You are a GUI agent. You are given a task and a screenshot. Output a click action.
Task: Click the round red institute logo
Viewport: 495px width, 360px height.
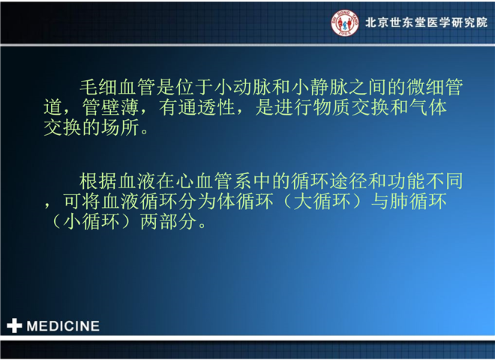point(345,22)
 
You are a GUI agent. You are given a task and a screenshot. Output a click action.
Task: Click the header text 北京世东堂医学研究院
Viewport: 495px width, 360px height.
point(427,22)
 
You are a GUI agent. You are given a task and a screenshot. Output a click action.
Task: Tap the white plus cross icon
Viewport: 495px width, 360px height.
point(14,325)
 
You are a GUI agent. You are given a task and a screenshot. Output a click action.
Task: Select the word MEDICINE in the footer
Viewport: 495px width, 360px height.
point(63,326)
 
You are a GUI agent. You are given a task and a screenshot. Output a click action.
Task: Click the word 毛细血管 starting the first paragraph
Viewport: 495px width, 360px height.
point(118,87)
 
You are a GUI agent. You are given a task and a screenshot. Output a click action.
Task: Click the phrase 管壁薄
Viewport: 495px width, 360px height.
point(110,107)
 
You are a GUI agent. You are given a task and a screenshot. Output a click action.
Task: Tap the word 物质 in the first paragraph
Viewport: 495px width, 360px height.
point(331,107)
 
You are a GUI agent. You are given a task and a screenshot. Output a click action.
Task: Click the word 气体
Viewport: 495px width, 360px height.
point(428,107)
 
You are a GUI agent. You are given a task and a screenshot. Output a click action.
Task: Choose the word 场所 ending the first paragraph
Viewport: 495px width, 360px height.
point(120,127)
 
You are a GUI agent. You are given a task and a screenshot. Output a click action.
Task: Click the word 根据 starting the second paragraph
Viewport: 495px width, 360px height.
point(98,181)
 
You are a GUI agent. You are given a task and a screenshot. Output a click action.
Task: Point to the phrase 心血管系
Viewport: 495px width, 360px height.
point(214,181)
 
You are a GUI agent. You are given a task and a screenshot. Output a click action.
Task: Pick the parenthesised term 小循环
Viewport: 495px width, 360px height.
point(91,222)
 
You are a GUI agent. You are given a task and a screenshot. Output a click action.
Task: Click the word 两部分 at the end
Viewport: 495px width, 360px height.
point(168,222)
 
